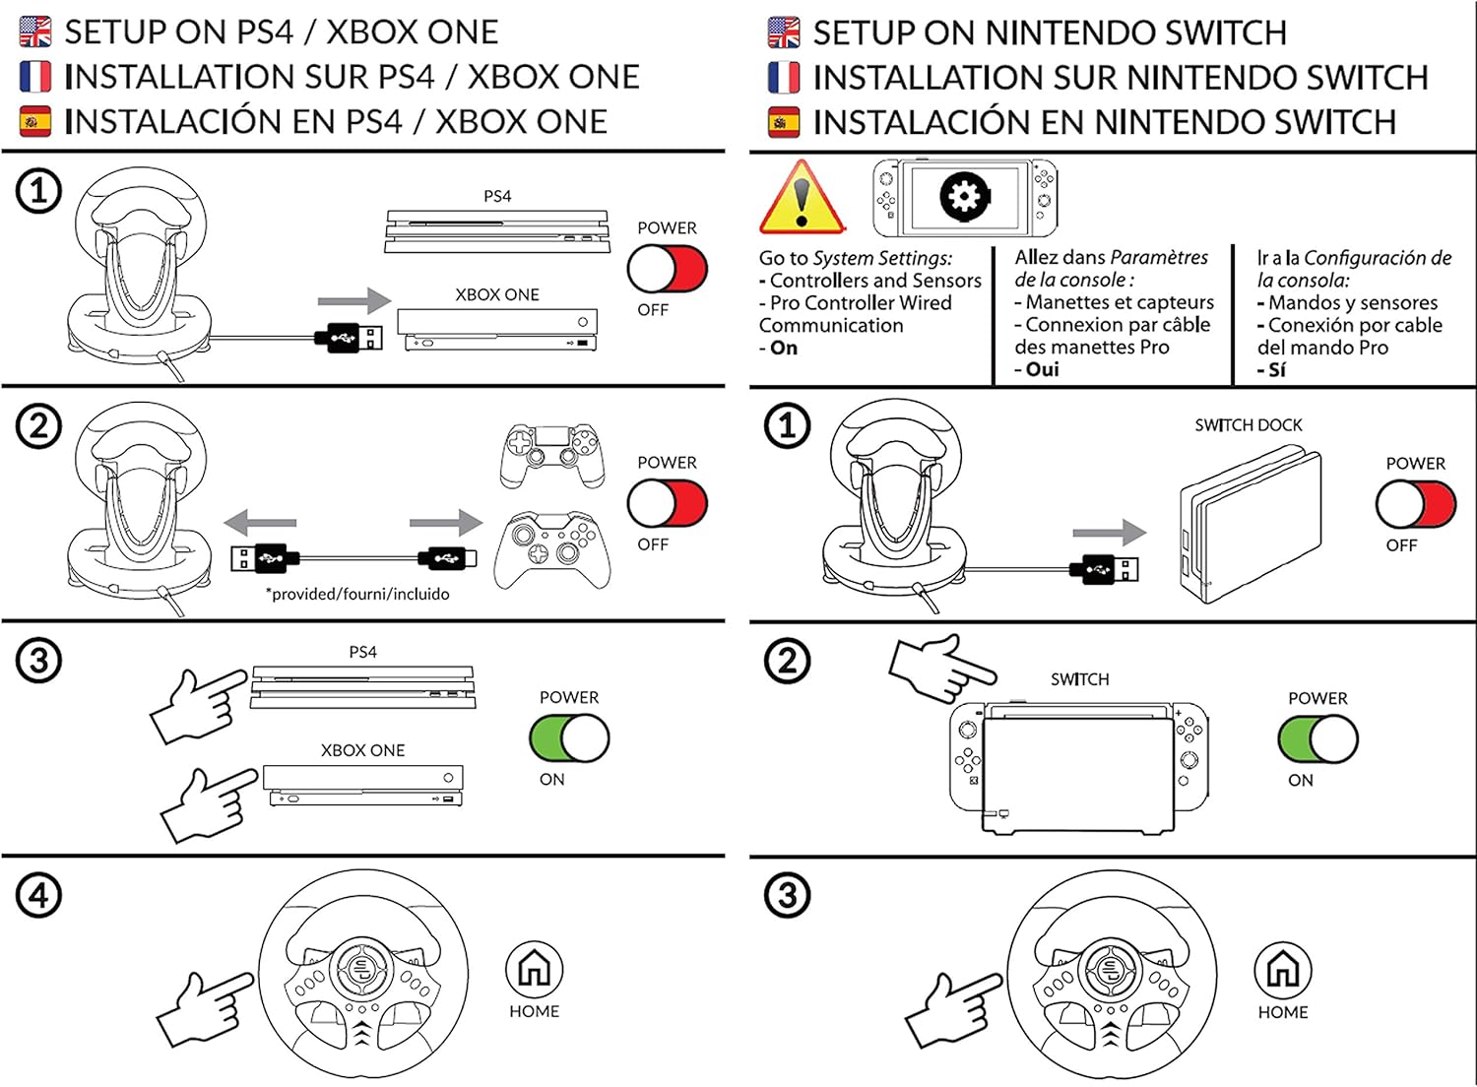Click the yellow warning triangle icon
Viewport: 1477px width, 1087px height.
tap(802, 200)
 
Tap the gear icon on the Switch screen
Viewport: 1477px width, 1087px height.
tap(964, 198)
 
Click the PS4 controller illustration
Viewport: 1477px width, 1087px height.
tap(551, 456)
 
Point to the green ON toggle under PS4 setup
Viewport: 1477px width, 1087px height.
tap(569, 738)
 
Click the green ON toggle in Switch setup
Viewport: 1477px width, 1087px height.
tap(1317, 739)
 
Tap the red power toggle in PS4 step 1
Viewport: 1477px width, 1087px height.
tap(668, 269)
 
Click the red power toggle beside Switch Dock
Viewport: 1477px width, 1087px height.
tap(1416, 505)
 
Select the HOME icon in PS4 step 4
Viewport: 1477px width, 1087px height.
tap(534, 969)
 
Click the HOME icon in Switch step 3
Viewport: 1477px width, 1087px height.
tap(1283, 970)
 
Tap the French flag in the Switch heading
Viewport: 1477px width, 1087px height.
tap(784, 78)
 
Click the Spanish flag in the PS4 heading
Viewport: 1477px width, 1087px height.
tap(35, 122)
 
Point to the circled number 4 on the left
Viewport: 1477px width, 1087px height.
tap(38, 896)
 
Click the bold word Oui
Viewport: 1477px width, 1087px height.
tap(1042, 369)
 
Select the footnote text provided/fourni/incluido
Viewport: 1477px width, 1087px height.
tap(357, 594)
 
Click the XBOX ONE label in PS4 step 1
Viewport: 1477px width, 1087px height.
tap(497, 294)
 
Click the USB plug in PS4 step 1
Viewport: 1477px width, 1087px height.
tap(349, 338)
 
